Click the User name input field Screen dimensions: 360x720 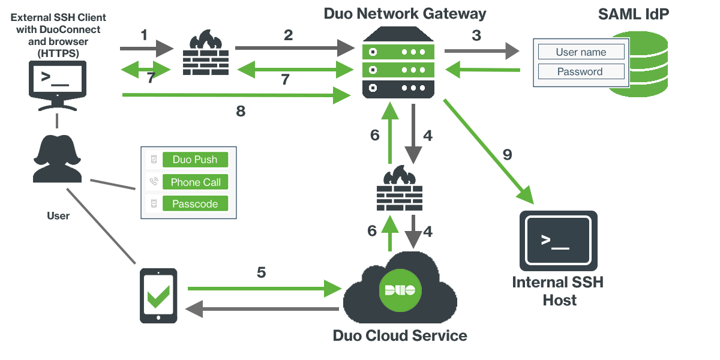581,52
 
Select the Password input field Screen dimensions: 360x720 581,72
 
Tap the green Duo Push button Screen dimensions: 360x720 195,160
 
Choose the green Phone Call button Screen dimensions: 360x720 195,182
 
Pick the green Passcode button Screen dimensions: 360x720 195,204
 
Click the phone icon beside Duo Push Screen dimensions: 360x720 154,160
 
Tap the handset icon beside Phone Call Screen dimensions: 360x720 154,182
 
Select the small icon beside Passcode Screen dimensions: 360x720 154,204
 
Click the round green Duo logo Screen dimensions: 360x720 400,291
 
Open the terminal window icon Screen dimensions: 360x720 558,240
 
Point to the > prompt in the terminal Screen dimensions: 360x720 545,239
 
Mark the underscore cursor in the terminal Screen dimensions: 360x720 561,247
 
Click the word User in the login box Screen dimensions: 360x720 567,52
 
